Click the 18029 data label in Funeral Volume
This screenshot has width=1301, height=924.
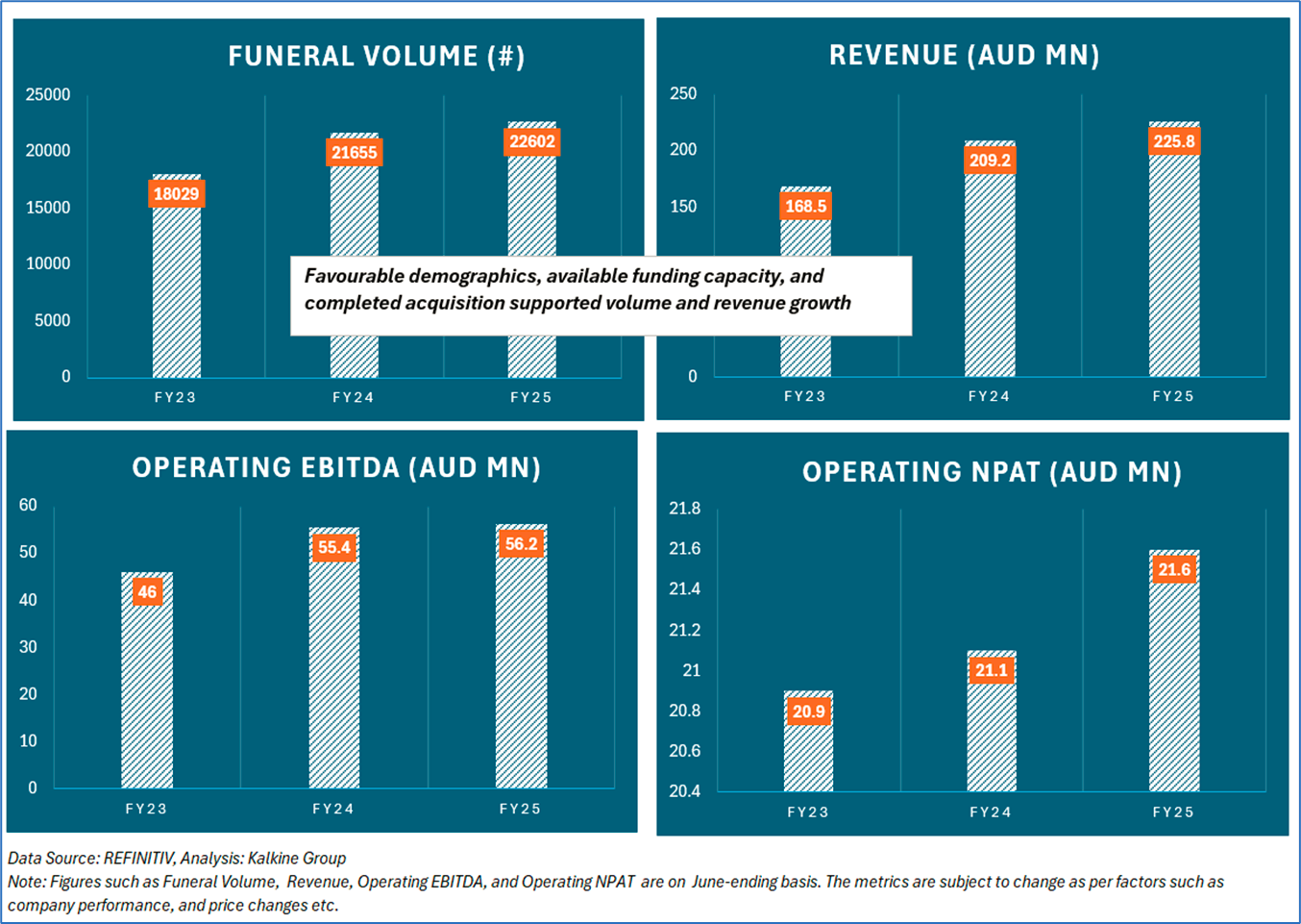pyautogui.click(x=177, y=194)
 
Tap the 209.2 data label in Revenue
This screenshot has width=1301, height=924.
pyautogui.click(x=990, y=161)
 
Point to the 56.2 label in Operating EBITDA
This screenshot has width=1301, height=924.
pyautogui.click(x=522, y=544)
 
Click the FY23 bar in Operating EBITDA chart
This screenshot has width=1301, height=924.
pyautogui.click(x=147, y=692)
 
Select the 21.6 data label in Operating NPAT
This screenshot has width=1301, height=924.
pyautogui.click(x=1174, y=570)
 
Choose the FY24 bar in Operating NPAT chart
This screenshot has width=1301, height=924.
pyautogui.click(x=991, y=740)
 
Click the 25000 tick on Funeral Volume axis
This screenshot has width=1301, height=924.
pyautogui.click(x=48, y=95)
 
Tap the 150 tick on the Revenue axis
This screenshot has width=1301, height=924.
pyautogui.click(x=683, y=207)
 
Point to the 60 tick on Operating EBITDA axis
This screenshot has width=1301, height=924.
pyautogui.click(x=28, y=506)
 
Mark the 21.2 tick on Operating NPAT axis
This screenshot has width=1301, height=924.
pyautogui.click(x=684, y=631)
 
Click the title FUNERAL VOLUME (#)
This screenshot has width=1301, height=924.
pyautogui.click(x=377, y=57)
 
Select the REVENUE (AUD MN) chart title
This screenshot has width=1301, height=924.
pyautogui.click(x=964, y=56)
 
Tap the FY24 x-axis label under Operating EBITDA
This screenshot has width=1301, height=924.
pyautogui.click(x=333, y=810)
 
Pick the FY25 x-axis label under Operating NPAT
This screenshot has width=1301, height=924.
pyautogui.click(x=1173, y=812)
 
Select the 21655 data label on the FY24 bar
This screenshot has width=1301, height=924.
pyautogui.click(x=355, y=153)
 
